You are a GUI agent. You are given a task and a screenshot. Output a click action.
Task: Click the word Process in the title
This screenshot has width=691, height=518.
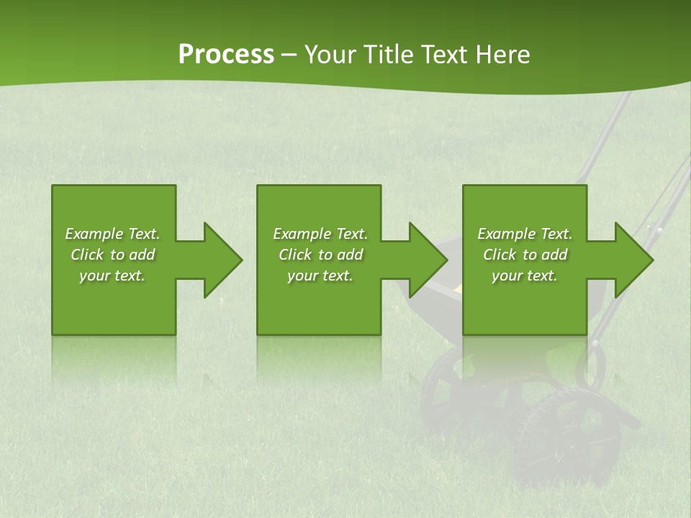click(226, 55)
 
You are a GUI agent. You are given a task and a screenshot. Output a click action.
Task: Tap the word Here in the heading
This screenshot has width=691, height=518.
click(502, 55)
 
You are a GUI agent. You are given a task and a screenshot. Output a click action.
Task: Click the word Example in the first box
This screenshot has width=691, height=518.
click(93, 234)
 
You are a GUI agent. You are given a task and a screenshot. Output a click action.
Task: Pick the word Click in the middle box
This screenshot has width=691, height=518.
click(295, 255)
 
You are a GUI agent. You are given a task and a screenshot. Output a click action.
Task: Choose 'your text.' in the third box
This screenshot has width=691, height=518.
click(525, 276)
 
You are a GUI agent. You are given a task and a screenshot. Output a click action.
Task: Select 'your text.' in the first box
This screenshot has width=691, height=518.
click(112, 276)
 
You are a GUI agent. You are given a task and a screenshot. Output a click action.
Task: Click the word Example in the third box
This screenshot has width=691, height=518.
click(505, 234)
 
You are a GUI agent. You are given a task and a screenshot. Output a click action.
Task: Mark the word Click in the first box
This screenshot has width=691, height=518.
click(87, 255)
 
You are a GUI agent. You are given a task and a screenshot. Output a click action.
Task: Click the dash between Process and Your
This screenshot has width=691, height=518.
click(289, 55)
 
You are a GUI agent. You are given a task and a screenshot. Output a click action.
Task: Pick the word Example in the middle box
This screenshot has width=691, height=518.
click(301, 234)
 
